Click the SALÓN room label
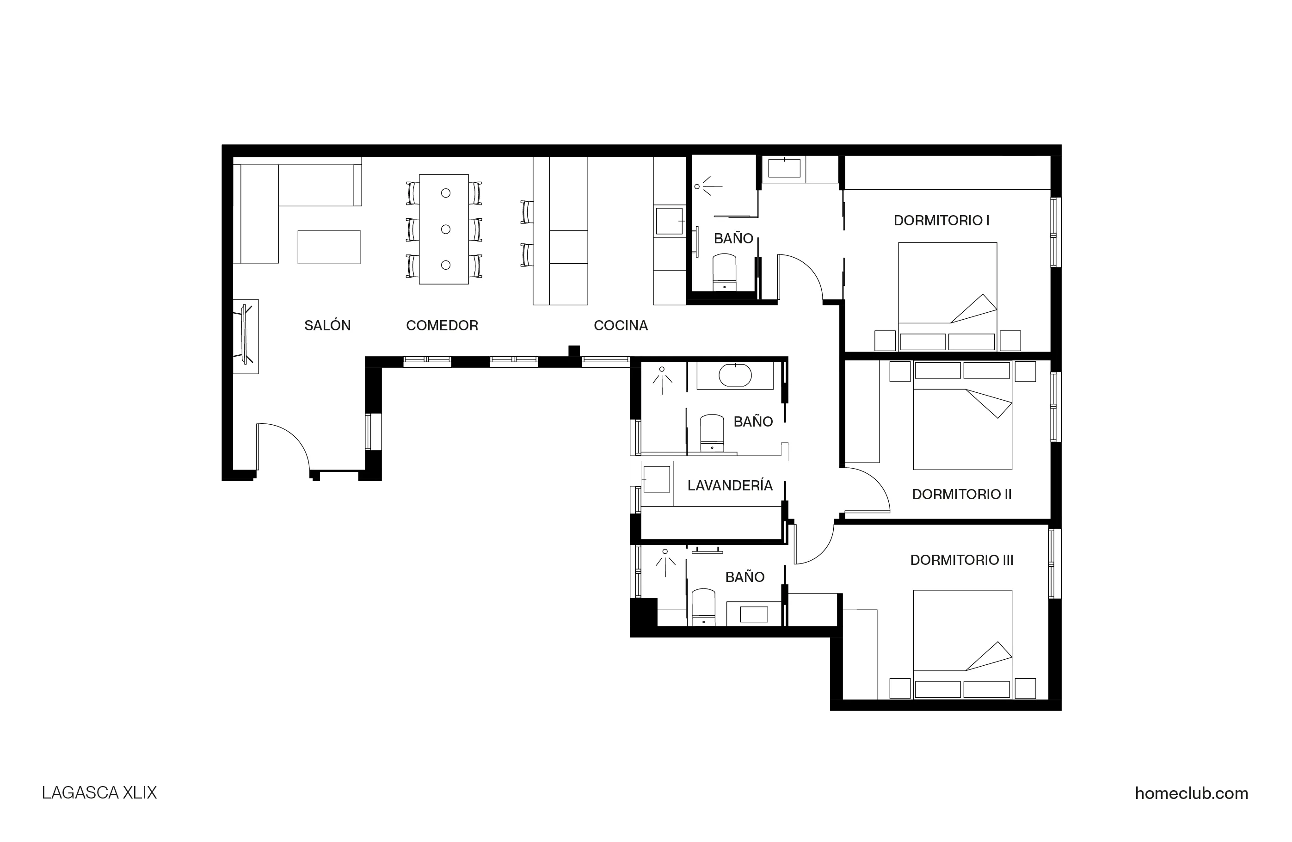pyautogui.click(x=327, y=325)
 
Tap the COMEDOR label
pyautogui.click(x=442, y=325)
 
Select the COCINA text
pyautogui.click(x=621, y=325)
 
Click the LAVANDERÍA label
pyautogui.click(x=730, y=486)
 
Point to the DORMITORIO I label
pyautogui.click(x=941, y=221)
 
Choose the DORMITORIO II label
pyautogui.click(x=961, y=495)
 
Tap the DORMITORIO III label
pyautogui.click(x=961, y=560)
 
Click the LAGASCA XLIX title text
pyautogui.click(x=99, y=793)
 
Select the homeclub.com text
pyautogui.click(x=1191, y=793)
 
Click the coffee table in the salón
pyautogui.click(x=328, y=247)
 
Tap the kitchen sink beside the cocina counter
pyautogui.click(x=669, y=221)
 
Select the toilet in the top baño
pyautogui.click(x=724, y=272)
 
